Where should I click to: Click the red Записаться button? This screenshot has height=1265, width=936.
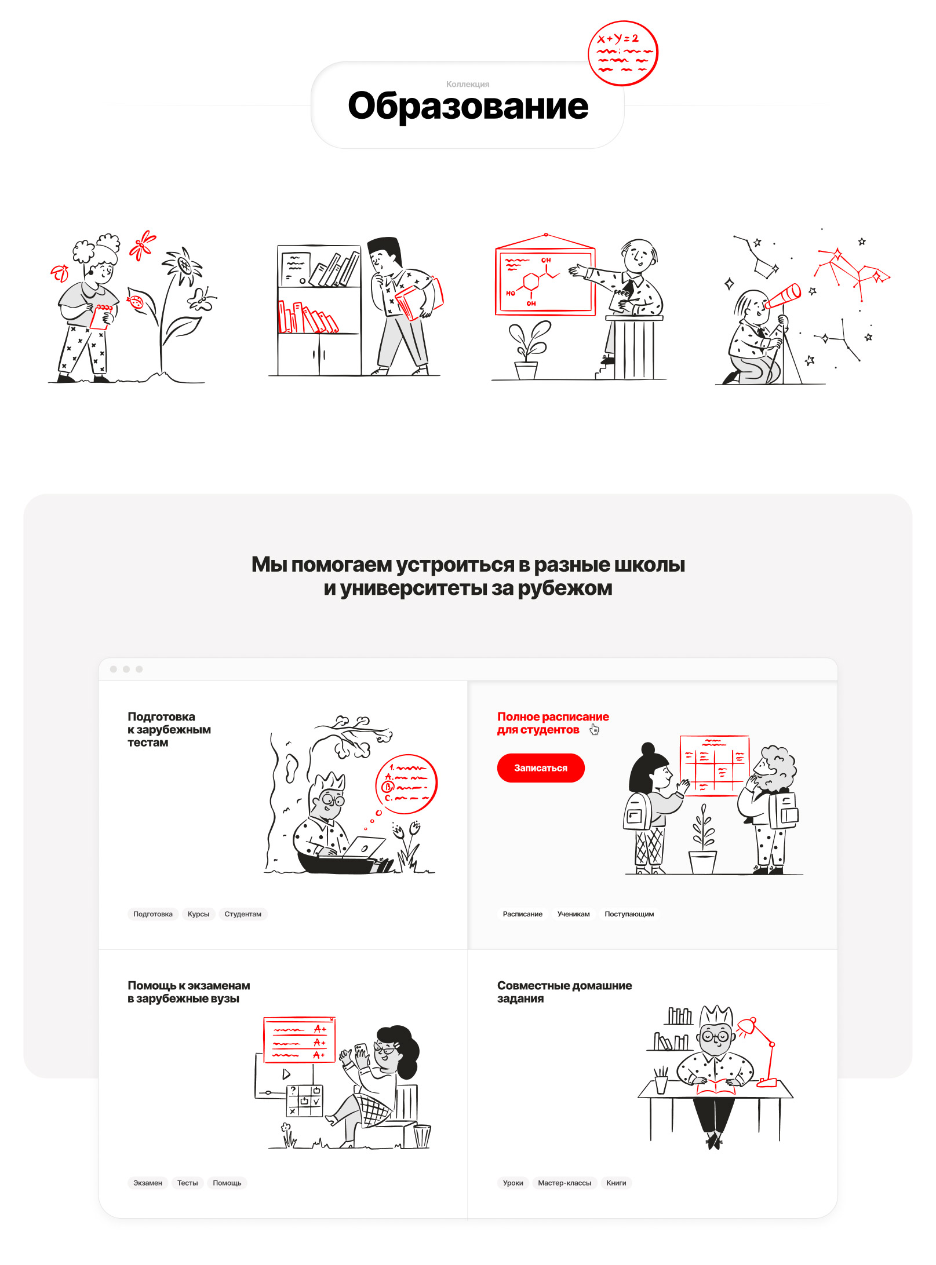tap(541, 768)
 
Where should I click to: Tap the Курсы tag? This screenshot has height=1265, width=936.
tap(198, 914)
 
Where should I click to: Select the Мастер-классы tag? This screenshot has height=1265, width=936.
tap(564, 1183)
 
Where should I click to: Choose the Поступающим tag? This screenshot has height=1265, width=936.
tap(629, 914)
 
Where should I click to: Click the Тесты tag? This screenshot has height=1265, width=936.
tap(187, 1183)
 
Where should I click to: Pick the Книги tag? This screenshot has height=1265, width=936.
tap(616, 1183)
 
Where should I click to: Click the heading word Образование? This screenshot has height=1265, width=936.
tap(468, 106)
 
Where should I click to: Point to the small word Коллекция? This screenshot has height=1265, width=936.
tap(468, 84)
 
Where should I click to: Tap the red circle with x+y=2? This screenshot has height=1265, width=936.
tap(623, 53)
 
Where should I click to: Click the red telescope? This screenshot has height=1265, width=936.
tap(782, 297)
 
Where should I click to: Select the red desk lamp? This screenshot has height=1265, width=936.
tap(762, 1051)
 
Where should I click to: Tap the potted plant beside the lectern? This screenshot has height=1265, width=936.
tap(527, 350)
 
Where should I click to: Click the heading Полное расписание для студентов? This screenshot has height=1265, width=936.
tap(553, 723)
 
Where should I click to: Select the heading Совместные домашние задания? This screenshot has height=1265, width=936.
tap(564, 992)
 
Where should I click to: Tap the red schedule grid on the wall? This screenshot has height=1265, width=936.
tap(714, 766)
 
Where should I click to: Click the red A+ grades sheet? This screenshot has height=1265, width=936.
tap(299, 1040)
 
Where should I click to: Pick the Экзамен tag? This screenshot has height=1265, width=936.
tap(148, 1183)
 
